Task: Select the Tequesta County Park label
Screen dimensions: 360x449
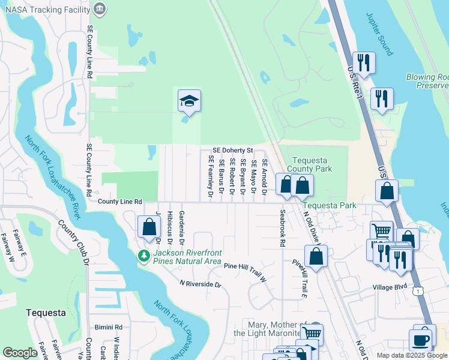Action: [312, 164]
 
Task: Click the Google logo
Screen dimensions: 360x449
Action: [20, 353]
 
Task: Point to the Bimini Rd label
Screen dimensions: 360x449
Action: [108, 328]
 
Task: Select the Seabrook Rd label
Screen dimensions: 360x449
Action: [282, 228]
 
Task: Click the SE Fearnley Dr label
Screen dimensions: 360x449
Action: [211, 176]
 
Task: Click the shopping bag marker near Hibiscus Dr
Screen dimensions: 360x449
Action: [149, 228]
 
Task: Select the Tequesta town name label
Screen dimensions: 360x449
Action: [46, 313]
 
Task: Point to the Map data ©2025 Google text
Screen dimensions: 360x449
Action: [411, 355]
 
